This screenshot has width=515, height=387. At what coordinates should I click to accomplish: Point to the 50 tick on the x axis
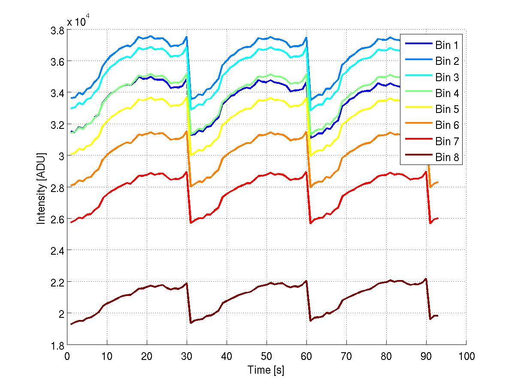[x=267, y=356]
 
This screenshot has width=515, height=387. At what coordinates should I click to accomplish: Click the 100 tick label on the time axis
[x=466, y=356]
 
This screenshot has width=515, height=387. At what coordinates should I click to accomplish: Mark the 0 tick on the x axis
[x=67, y=356]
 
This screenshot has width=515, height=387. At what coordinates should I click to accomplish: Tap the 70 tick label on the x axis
[x=346, y=356]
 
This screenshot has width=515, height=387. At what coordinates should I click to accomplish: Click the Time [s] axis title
[x=266, y=370]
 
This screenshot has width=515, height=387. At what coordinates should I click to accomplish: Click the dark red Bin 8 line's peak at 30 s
[x=187, y=283]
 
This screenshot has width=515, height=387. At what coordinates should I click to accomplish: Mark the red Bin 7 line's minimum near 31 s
[x=191, y=222]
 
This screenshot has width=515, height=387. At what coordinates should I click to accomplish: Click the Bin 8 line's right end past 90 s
[x=438, y=316]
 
